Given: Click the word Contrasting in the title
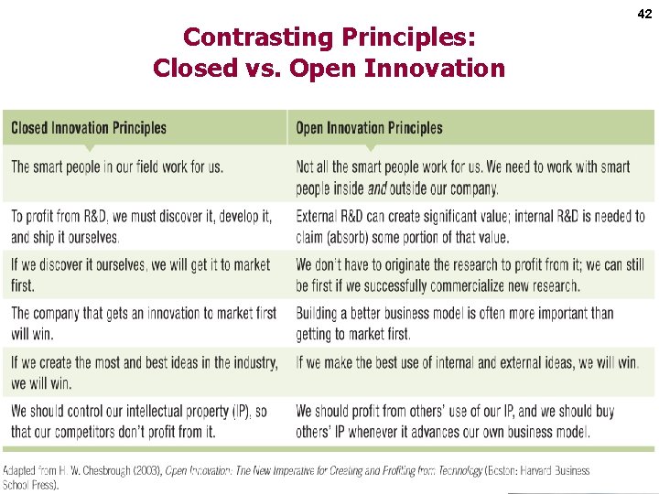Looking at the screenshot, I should [x=245, y=38].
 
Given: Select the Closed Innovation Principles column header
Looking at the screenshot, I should [x=89, y=128].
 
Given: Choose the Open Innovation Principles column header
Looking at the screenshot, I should [x=369, y=128].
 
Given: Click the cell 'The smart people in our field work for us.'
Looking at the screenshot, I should [x=117, y=167].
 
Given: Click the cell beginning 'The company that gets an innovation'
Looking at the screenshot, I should [x=144, y=323].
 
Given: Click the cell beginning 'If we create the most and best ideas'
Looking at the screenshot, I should [x=145, y=372].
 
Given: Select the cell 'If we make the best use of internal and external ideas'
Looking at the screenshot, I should [x=467, y=363].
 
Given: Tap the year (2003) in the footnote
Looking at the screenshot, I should [x=146, y=471].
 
